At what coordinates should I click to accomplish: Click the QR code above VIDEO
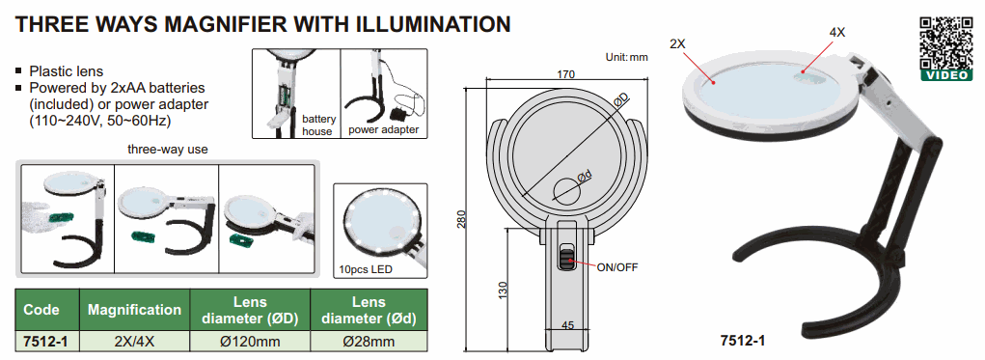946,42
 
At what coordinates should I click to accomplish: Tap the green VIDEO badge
946,74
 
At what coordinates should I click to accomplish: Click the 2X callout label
678,44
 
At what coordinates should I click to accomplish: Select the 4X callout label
837,33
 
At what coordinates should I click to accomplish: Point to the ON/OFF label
616,267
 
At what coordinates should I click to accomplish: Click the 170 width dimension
566,74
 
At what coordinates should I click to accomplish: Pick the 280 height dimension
462,219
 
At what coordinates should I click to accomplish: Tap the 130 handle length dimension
503,290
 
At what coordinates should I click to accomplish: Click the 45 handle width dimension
567,325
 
